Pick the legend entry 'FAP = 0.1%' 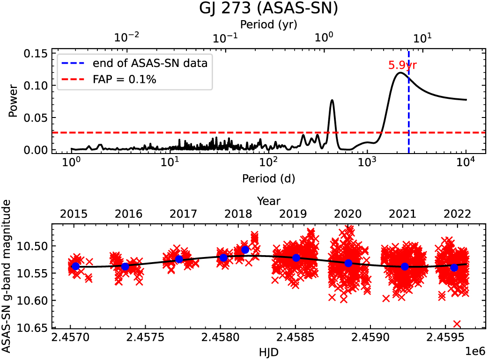click(124, 80)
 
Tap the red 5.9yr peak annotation click(402, 66)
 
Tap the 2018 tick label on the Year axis click(238, 213)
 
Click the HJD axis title click(268, 351)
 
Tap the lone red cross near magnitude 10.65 click(457, 324)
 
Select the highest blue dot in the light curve click(245, 250)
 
